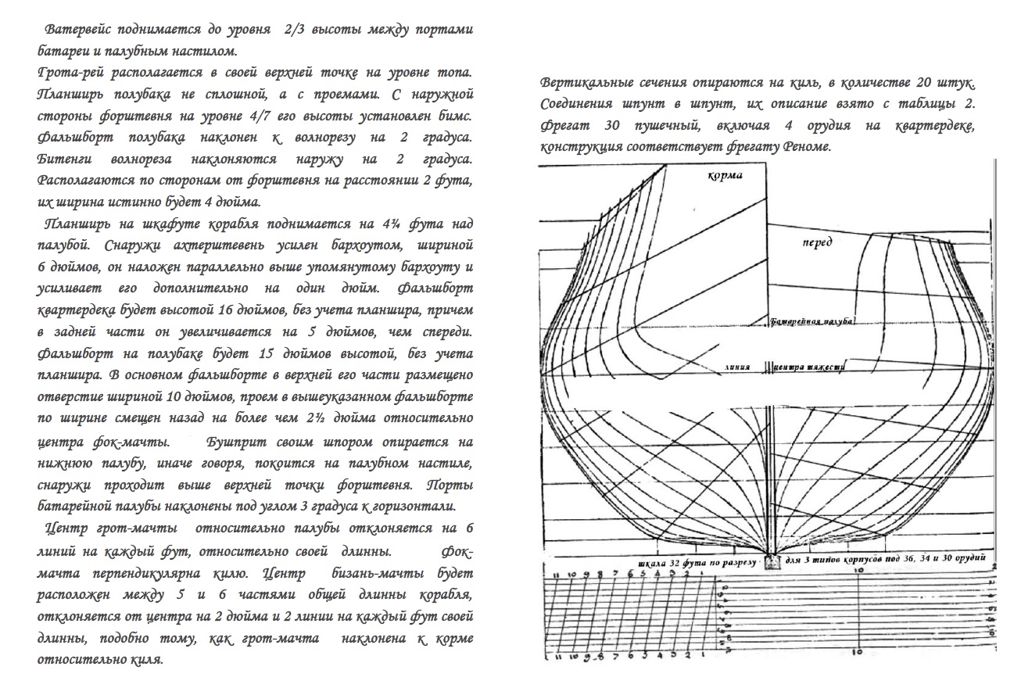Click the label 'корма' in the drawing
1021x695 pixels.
(x=725, y=176)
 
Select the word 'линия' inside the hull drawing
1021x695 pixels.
(x=737, y=366)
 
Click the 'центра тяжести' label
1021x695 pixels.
(x=810, y=366)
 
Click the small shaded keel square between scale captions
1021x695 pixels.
(x=772, y=561)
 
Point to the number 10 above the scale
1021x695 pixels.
(x=858, y=572)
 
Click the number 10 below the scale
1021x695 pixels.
(x=858, y=651)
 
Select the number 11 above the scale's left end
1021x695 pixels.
(x=557, y=575)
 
